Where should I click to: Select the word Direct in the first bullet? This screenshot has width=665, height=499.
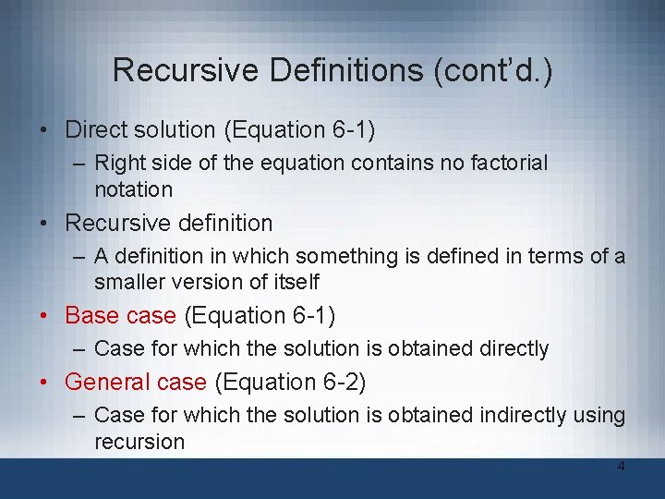pyautogui.click(x=94, y=130)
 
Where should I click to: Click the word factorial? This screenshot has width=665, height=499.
pyautogui.click(x=510, y=164)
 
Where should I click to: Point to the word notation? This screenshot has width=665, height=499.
pyautogui.click(x=133, y=189)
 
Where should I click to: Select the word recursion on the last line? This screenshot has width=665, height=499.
pyautogui.click(x=139, y=441)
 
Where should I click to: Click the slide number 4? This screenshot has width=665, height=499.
pyautogui.click(x=621, y=467)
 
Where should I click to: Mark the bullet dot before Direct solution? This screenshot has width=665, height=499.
pyautogui.click(x=45, y=131)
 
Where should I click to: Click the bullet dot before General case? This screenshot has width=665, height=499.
pyautogui.click(x=45, y=383)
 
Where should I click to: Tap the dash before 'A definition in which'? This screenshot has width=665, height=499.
pyautogui.click(x=80, y=256)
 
